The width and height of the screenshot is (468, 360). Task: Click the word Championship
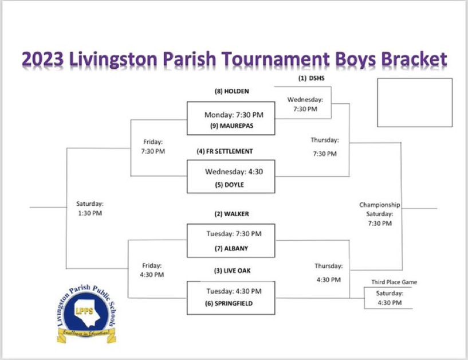pos(379,205)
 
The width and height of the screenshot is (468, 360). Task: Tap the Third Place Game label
pos(394,282)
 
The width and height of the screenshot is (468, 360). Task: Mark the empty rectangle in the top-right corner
pos(415,103)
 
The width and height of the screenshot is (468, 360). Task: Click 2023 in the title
pos(43,59)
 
